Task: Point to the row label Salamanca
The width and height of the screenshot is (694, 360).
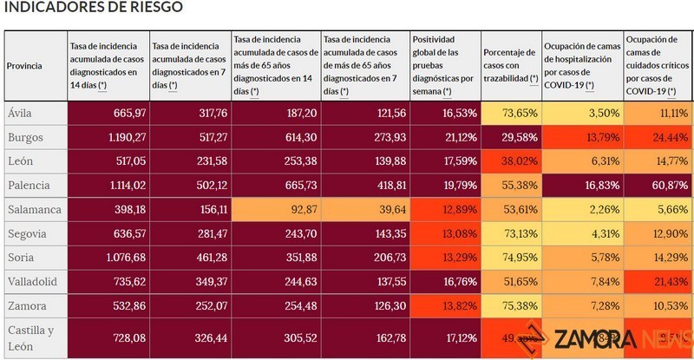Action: (x=33, y=210)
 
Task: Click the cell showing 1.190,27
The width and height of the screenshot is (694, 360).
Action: (x=105, y=137)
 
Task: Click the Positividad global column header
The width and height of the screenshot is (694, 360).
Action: (x=443, y=66)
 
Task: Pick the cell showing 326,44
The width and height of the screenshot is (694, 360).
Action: (x=190, y=337)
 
